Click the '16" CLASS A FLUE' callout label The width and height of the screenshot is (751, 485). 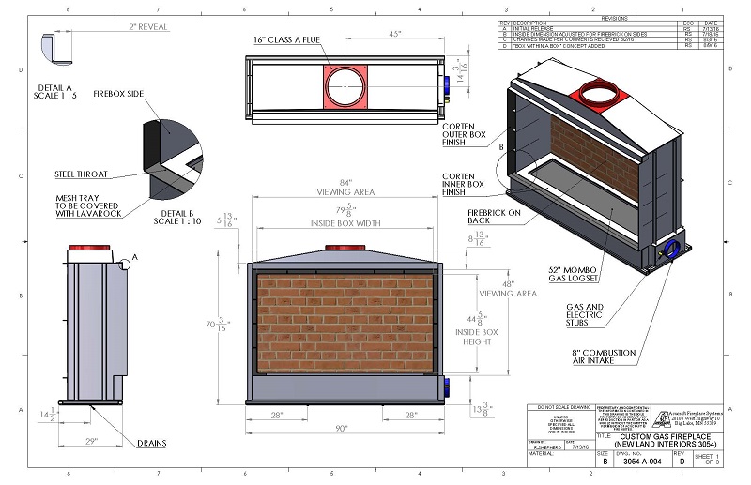286,39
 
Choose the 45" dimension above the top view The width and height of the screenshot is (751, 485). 395,35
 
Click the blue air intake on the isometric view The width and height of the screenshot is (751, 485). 673,249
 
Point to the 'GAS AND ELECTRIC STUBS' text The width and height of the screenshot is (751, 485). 587,314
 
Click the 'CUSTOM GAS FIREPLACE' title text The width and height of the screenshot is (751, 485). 647,437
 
